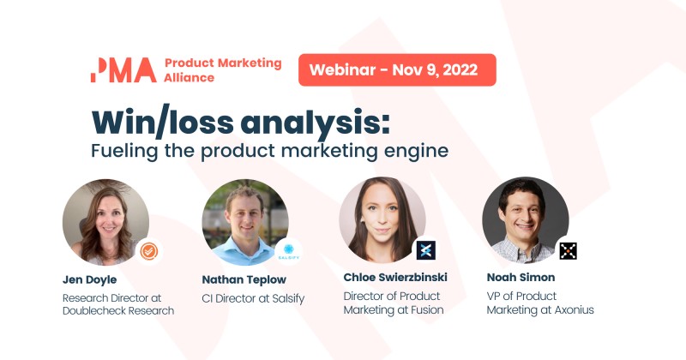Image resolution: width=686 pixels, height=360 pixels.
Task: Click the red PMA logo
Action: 123,69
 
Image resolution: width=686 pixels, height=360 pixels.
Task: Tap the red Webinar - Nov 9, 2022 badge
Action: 397,69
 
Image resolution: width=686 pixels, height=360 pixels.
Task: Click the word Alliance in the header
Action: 190,77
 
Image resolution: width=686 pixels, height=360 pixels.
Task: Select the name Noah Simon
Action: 522,279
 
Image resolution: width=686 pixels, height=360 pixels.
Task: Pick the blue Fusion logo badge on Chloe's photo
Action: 426,250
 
